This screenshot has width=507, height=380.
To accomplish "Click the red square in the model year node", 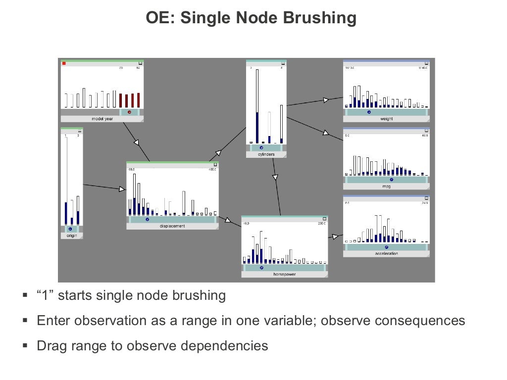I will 64,63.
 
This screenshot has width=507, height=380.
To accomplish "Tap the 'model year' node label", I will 102,119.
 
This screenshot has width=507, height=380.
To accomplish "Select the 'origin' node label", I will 71,236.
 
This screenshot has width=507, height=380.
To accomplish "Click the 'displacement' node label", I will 172,226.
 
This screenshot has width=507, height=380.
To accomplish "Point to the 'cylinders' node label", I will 266,154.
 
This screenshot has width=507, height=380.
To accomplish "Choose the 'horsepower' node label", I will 285,274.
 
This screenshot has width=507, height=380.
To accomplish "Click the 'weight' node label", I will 386,119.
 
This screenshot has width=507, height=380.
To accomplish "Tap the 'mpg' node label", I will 386,187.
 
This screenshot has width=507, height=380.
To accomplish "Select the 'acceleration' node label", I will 386,253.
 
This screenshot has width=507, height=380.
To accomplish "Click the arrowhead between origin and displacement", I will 122,189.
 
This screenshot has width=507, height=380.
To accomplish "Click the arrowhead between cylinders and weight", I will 326,99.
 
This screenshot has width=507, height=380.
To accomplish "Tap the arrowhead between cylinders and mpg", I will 326,133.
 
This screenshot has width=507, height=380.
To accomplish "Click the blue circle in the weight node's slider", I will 369,112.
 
